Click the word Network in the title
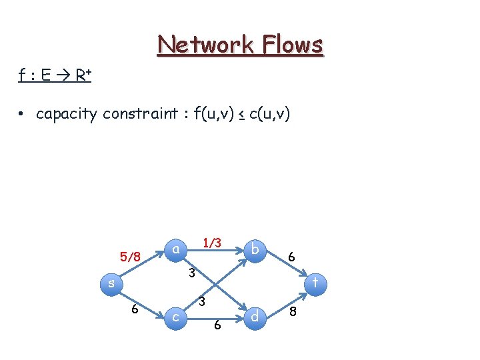204,45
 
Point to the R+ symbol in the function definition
83,75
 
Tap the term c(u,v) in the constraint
269,114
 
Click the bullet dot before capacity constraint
22,115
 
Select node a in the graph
175,249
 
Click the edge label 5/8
130,257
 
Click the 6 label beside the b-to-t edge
291,255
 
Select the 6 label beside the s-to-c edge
135,309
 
